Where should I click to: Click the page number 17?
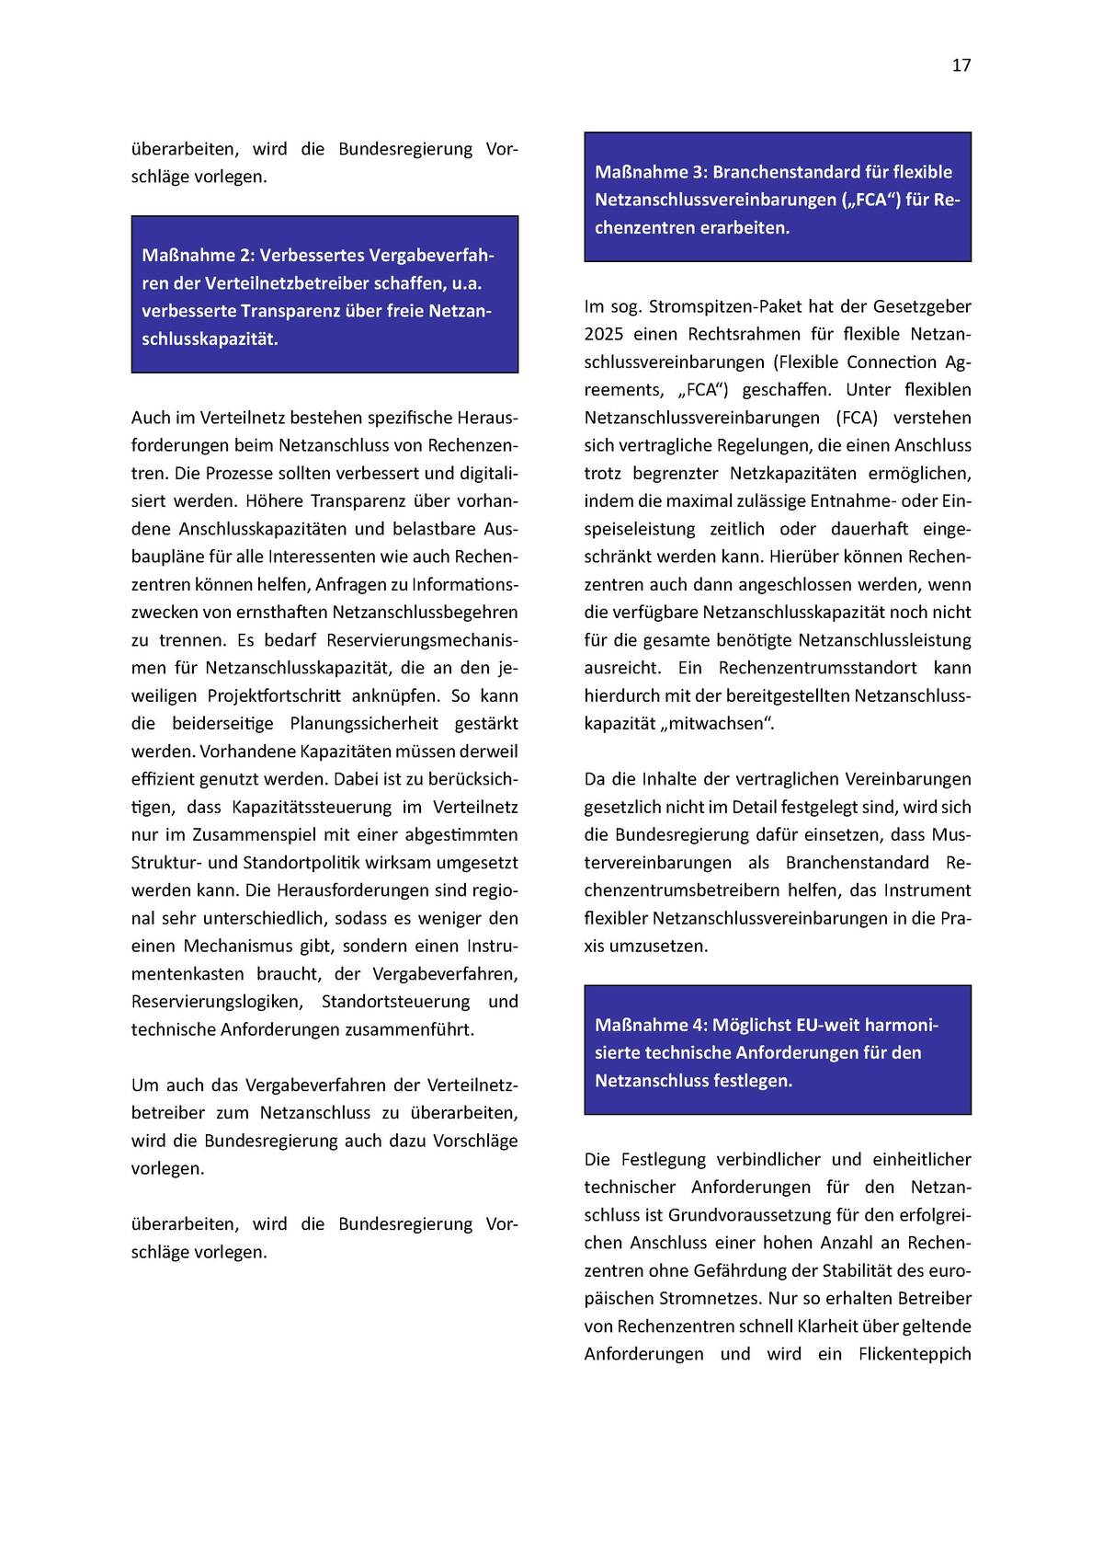(961, 65)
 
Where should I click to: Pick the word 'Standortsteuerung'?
(395, 1001)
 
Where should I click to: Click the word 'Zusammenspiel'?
(262, 834)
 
